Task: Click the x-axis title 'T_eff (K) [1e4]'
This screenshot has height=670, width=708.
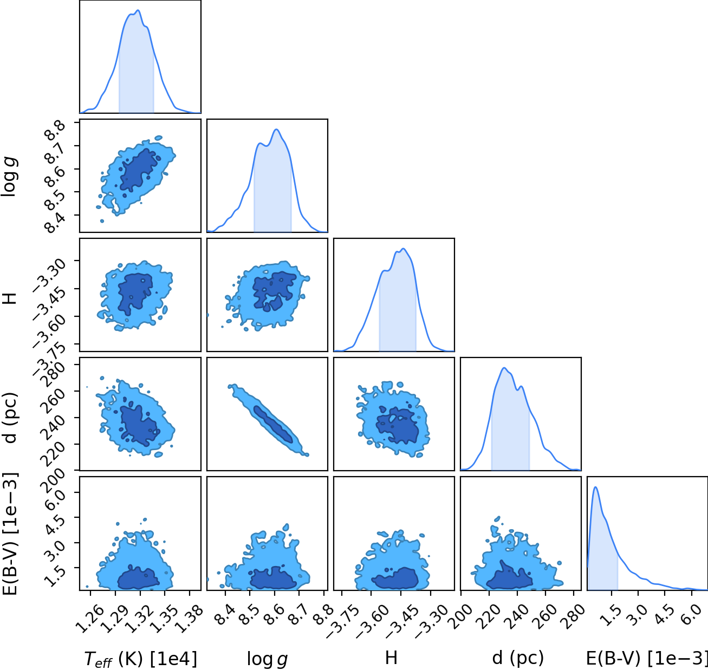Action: click(140, 659)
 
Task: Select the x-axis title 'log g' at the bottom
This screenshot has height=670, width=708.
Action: click(267, 659)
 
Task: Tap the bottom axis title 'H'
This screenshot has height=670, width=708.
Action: click(391, 658)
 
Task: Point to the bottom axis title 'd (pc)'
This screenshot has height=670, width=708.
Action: click(518, 658)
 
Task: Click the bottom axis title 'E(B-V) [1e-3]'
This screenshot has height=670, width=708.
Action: click(646, 658)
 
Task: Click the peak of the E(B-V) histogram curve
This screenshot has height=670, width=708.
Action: click(596, 487)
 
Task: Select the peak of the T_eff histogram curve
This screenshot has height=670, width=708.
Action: click(138, 10)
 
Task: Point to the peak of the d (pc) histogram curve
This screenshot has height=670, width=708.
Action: click(504, 368)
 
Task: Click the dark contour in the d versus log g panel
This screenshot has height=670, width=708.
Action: click(274, 424)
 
